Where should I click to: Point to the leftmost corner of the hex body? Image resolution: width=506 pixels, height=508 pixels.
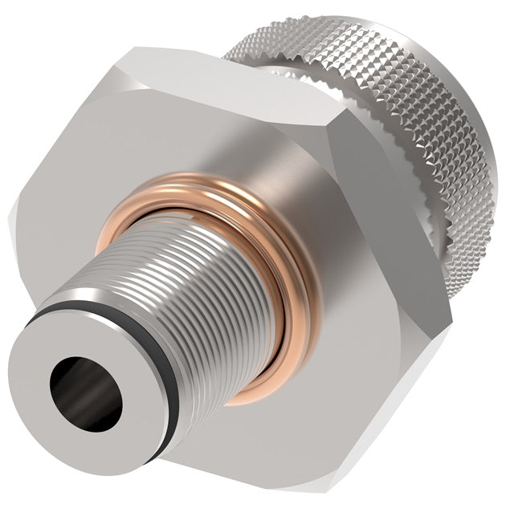point(11,213)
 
